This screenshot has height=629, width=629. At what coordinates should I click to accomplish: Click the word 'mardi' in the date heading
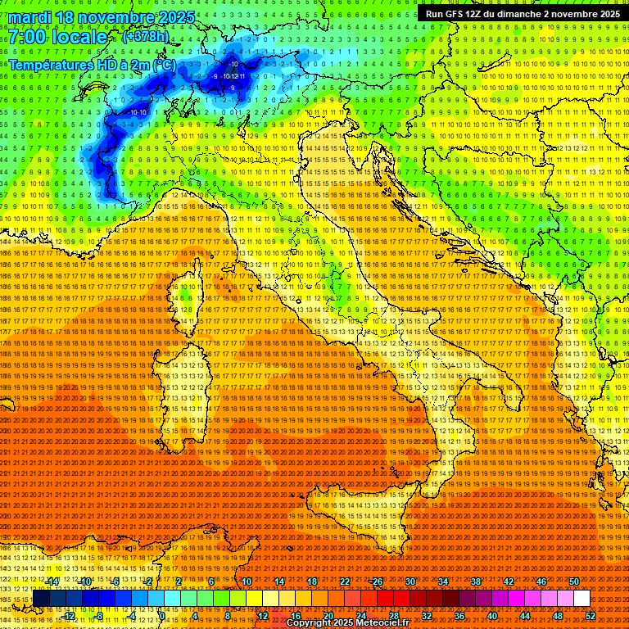click(32, 17)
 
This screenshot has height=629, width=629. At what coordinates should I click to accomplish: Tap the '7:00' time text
click(30, 37)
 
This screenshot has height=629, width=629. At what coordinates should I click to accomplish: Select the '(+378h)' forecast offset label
click(145, 37)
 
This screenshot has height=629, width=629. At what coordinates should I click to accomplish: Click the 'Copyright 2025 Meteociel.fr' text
click(352, 623)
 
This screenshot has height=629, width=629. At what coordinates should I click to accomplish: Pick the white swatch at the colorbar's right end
click(581, 599)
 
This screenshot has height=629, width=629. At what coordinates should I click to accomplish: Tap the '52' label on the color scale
click(591, 616)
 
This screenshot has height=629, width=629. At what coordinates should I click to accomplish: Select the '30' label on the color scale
click(410, 581)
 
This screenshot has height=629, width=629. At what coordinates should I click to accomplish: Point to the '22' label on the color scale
click(345, 581)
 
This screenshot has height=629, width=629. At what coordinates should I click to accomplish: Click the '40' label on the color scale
click(491, 616)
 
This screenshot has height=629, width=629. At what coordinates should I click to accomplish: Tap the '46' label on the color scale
click(541, 581)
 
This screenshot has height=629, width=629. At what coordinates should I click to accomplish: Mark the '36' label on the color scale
click(459, 616)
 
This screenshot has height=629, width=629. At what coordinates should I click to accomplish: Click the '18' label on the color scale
click(312, 581)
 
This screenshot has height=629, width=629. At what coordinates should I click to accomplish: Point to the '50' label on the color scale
click(573, 581)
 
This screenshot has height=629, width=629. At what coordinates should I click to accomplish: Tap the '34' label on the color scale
click(443, 581)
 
